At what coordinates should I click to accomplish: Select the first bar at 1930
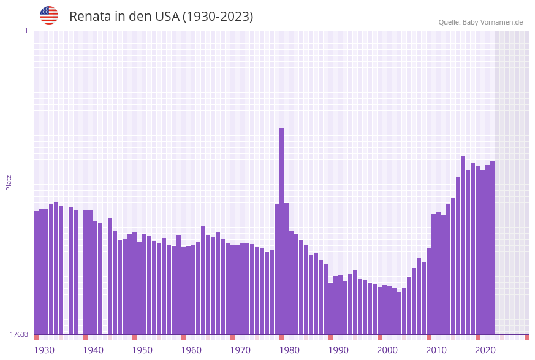(x=36, y=272)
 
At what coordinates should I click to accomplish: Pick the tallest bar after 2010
(x=463, y=245)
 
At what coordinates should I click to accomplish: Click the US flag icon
(x=49, y=15)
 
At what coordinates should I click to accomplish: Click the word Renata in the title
(x=91, y=17)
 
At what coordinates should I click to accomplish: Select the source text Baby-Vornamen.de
(x=492, y=22)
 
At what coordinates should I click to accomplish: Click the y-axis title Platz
(x=9, y=182)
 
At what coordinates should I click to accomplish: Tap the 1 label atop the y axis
(x=26, y=31)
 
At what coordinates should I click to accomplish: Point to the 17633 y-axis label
(x=19, y=334)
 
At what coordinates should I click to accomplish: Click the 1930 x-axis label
(x=44, y=350)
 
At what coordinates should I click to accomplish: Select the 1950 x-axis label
(x=142, y=350)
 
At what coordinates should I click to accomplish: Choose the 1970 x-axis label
(x=240, y=350)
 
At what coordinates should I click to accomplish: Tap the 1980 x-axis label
(x=289, y=350)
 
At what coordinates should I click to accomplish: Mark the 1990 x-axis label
(x=338, y=350)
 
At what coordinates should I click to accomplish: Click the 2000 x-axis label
(x=387, y=350)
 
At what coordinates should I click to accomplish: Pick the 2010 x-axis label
(x=436, y=350)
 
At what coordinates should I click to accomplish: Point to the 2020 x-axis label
(x=485, y=350)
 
